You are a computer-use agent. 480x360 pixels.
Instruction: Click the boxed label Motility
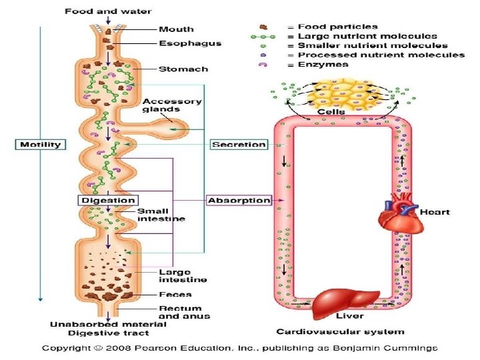coord(41,145)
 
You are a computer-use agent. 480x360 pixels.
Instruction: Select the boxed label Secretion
coord(239,145)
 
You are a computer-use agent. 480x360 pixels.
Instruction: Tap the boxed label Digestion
coord(109,200)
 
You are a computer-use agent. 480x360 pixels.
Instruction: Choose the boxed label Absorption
coord(239,200)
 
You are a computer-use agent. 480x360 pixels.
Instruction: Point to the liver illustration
coord(346,301)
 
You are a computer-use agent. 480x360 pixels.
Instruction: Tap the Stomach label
coord(183,69)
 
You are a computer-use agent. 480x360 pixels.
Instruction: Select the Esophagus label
coord(189,43)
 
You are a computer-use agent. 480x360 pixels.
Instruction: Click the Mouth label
coord(176,29)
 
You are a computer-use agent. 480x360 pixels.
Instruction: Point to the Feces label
coord(175,294)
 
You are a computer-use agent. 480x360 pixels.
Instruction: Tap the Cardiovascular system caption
coord(340,331)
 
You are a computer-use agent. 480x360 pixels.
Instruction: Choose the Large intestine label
coord(173,275)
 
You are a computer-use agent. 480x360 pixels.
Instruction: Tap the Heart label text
coord(435,212)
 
